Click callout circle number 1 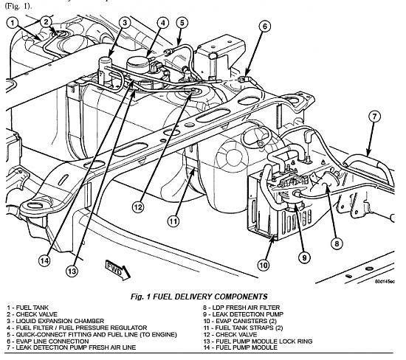[12, 23]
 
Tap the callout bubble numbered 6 [264, 27]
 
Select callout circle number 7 [375, 117]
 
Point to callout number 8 [337, 243]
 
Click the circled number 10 [264, 265]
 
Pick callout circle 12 [138, 207]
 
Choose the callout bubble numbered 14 [44, 260]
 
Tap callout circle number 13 [72, 271]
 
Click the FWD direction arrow [118, 270]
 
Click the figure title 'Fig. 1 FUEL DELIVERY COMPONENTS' [199, 297]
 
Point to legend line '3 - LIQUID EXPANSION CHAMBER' [55, 321]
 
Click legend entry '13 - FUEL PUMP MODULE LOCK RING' [258, 342]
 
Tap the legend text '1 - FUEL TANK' [28, 308]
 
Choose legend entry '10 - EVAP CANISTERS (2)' [240, 321]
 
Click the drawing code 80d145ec [385, 282]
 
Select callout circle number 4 [163, 23]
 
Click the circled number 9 [304, 257]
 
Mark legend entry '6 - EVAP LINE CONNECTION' [48, 342]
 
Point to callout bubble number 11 [173, 221]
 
